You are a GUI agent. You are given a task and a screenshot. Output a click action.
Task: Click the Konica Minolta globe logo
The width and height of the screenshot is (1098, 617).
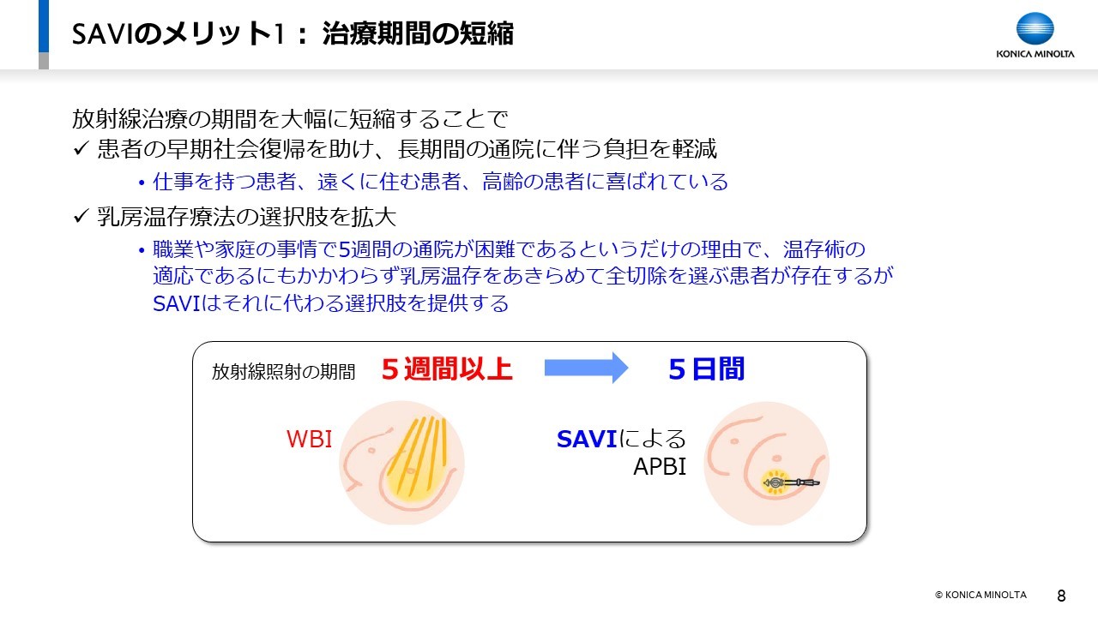(x=1035, y=29)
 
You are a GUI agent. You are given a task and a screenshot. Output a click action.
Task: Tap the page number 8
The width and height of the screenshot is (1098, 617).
(x=1061, y=596)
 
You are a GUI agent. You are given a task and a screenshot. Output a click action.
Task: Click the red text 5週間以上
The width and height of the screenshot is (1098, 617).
(x=447, y=368)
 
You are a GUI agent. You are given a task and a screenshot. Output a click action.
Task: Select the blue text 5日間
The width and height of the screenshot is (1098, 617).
(x=706, y=368)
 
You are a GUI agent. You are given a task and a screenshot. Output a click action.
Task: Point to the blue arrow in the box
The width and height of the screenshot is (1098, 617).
(x=586, y=368)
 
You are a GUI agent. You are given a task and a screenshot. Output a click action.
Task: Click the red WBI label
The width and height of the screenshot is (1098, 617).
(x=310, y=439)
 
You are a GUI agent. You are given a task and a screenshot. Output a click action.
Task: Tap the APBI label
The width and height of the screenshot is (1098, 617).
(x=660, y=466)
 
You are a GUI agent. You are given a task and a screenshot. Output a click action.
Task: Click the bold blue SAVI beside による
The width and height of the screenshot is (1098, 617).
(x=586, y=439)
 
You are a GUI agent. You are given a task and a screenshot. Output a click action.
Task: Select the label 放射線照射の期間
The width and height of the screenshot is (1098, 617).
(x=283, y=372)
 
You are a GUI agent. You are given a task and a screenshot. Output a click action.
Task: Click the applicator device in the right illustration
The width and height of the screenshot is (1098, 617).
(x=790, y=482)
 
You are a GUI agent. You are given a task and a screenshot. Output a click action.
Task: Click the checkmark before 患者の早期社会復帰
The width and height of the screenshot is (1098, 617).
(x=81, y=148)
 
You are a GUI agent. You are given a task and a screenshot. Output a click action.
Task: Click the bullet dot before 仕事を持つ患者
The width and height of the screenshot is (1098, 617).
(x=142, y=183)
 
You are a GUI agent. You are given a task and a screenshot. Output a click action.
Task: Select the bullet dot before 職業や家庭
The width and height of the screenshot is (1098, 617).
(x=142, y=251)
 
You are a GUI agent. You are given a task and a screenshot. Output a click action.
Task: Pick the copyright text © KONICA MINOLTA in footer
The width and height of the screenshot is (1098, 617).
(x=980, y=595)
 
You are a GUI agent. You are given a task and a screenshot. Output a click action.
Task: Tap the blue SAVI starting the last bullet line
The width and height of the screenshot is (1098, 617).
(x=177, y=303)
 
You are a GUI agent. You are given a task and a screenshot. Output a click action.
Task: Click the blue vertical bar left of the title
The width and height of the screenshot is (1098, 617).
(x=44, y=26)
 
